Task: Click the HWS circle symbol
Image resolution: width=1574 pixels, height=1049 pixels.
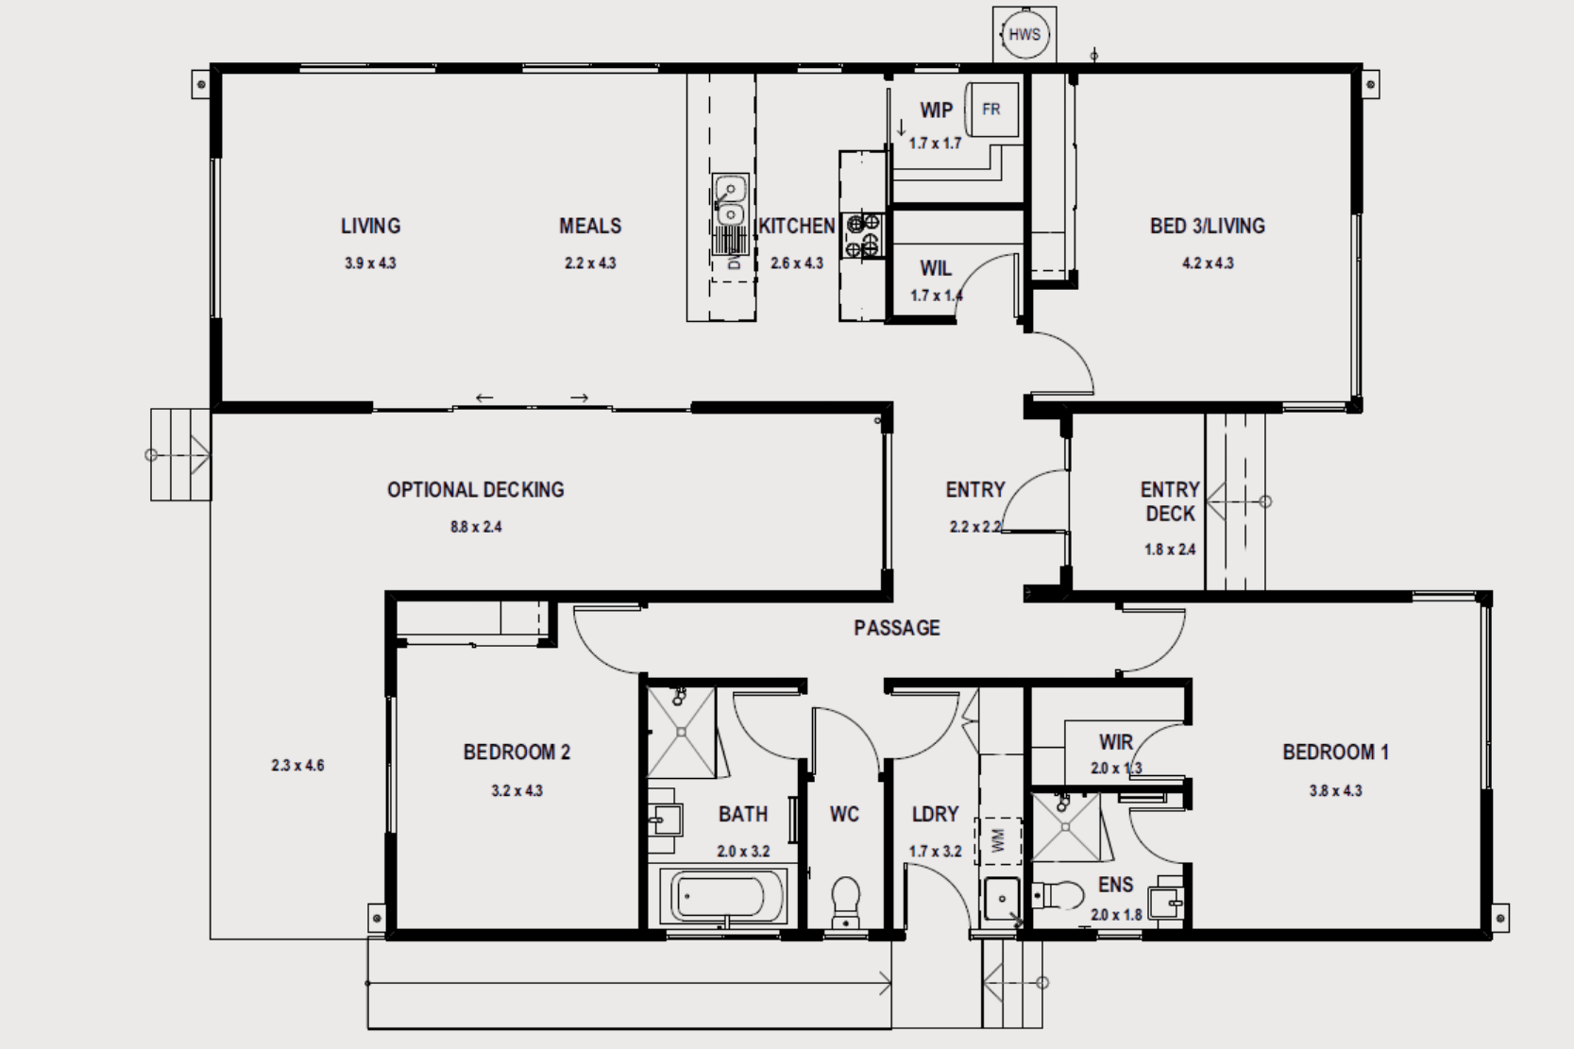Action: click(1024, 35)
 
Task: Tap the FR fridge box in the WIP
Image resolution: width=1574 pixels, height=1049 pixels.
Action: click(991, 110)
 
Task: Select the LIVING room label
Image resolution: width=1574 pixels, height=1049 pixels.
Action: click(370, 226)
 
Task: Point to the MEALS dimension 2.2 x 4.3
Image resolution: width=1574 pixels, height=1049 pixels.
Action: click(590, 263)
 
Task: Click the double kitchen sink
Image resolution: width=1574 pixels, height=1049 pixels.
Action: click(730, 201)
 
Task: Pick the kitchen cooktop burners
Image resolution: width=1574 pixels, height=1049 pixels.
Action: click(863, 236)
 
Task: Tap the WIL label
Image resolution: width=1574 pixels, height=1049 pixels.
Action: click(936, 269)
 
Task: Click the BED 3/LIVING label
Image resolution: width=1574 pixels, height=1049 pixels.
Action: click(1207, 226)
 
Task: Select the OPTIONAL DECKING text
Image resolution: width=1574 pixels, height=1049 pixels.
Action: click(475, 490)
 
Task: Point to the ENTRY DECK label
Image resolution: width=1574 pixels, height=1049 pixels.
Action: click(1170, 501)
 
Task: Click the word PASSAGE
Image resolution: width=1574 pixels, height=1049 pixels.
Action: click(896, 628)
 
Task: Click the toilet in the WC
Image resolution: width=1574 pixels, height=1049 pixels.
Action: click(845, 903)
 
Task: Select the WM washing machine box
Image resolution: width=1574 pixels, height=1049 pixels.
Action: click(998, 840)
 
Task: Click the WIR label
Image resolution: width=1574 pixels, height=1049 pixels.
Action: click(1115, 742)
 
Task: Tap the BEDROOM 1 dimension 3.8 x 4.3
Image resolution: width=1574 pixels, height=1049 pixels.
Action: click(1335, 791)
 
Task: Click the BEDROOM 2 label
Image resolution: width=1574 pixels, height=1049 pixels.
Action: click(516, 753)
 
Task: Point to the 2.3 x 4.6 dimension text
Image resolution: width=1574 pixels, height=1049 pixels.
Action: click(297, 766)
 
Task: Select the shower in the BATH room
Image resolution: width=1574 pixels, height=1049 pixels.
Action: click(682, 733)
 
